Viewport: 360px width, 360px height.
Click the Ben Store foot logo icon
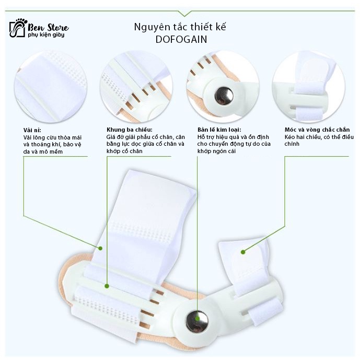[x=18, y=28]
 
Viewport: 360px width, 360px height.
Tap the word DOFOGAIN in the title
[x=181, y=40]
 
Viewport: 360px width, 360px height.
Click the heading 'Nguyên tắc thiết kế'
[x=180, y=27]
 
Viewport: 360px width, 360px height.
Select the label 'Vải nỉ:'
[x=32, y=130]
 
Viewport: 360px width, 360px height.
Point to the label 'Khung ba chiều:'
[x=129, y=130]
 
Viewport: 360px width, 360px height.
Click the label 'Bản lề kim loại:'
[x=219, y=130]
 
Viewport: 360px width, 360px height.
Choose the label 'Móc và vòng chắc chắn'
[x=317, y=130]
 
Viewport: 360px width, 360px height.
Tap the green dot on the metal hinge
[x=197, y=318]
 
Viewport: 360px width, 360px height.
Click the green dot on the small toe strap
[x=243, y=252]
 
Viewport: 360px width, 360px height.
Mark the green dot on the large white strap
[x=100, y=248]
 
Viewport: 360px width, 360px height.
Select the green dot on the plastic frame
[x=107, y=286]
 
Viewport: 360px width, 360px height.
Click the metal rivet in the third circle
[x=224, y=96]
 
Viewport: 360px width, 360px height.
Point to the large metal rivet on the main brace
[x=197, y=321]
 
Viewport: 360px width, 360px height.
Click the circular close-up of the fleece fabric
[x=51, y=87]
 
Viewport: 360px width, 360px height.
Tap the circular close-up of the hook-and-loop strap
[x=309, y=87]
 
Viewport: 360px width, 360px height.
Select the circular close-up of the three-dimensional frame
[x=136, y=87]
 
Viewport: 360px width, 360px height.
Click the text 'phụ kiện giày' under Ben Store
[x=46, y=35]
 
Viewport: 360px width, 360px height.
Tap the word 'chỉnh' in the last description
[x=292, y=144]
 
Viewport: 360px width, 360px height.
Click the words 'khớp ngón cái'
[x=216, y=151]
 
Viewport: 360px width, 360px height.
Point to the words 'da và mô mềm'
[x=43, y=152]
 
